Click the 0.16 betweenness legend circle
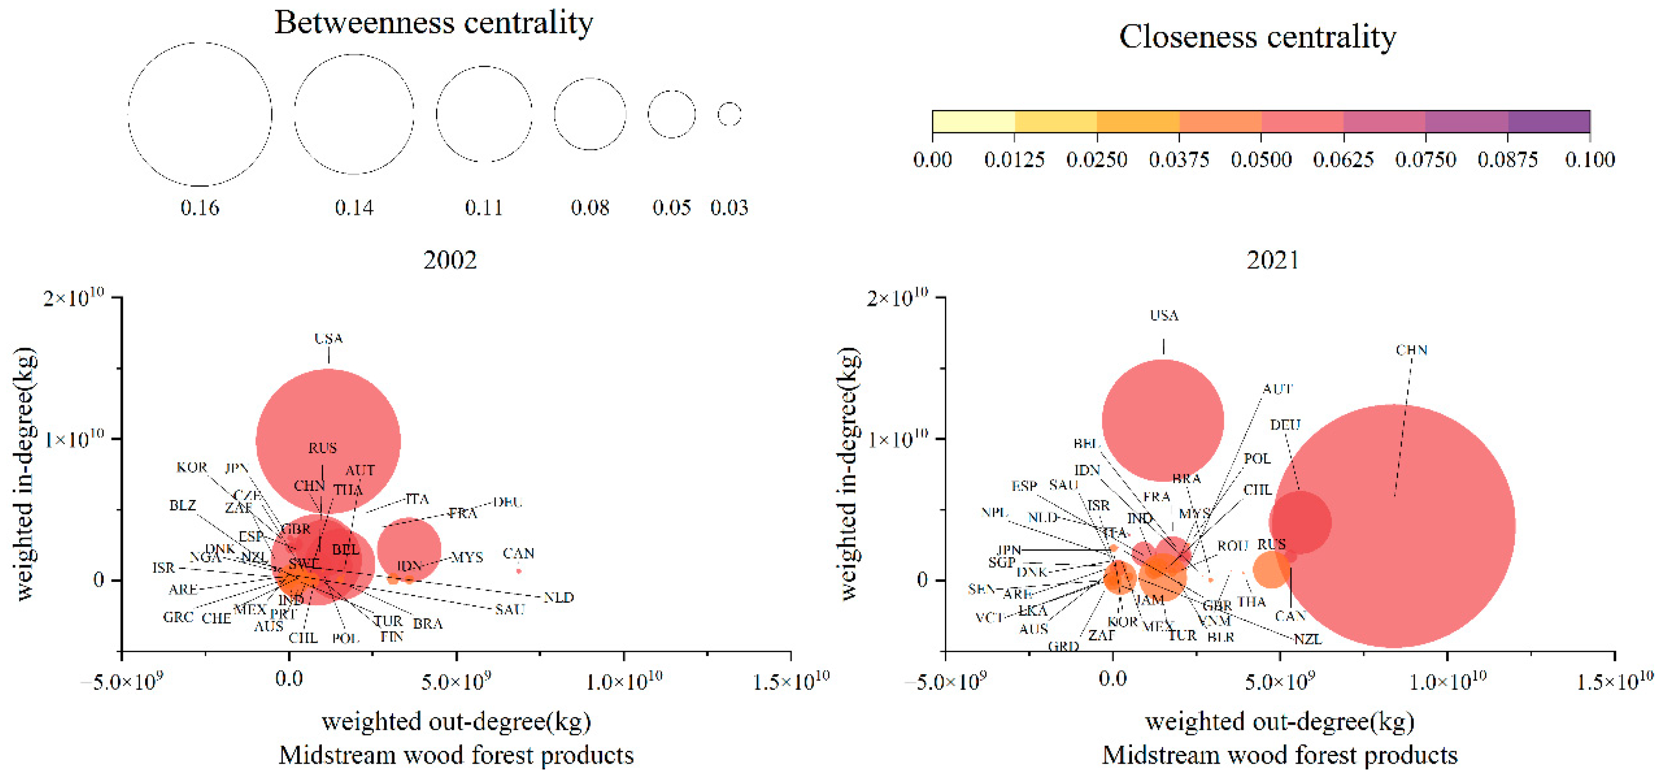[x=200, y=114]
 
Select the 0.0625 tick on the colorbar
[x=1343, y=159]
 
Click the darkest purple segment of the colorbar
[x=1548, y=121]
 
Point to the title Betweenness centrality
[x=433, y=23]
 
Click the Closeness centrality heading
[x=1257, y=37]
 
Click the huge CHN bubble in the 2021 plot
[x=1394, y=525]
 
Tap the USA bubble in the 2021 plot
[x=1163, y=420]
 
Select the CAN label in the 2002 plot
[x=518, y=554]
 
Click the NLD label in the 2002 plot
[x=558, y=598]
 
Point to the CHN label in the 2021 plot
[x=1411, y=350]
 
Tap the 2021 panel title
[x=1272, y=260]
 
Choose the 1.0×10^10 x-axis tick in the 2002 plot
[x=624, y=680]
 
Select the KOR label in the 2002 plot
[x=191, y=468]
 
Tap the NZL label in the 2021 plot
[x=1307, y=639]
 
